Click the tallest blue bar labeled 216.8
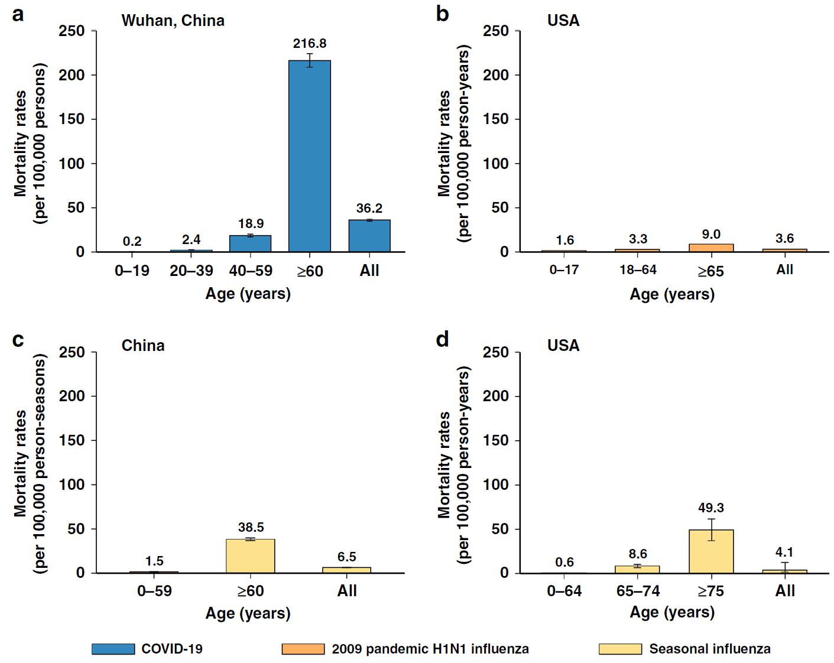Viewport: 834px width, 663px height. pyautogui.click(x=309, y=156)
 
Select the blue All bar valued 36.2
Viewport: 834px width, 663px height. pyautogui.click(x=369, y=236)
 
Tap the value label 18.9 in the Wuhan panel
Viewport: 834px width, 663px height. pyautogui.click(x=251, y=224)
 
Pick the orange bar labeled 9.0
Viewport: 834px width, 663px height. pyautogui.click(x=711, y=248)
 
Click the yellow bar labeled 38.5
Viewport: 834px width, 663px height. pyautogui.click(x=251, y=556)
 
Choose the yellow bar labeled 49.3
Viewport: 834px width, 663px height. pyautogui.click(x=711, y=551)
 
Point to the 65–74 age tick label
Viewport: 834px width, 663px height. pyautogui.click(x=638, y=591)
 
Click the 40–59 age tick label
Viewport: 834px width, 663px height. pyautogui.click(x=251, y=271)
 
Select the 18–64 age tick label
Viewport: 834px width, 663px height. pyautogui.click(x=638, y=270)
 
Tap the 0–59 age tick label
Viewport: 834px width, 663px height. pyautogui.click(x=154, y=591)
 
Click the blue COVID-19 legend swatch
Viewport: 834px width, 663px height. pyautogui.click(x=113, y=649)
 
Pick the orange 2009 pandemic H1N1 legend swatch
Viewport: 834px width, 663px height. pyautogui.click(x=303, y=649)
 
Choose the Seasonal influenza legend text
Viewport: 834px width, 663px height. pyautogui.click(x=709, y=649)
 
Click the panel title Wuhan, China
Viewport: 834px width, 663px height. pyautogui.click(x=173, y=21)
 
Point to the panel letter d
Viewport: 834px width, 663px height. pyautogui.click(x=442, y=340)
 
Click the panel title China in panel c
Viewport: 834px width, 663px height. pyautogui.click(x=143, y=345)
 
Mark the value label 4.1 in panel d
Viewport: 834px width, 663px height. pyautogui.click(x=785, y=552)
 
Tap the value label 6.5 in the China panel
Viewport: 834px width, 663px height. pyautogui.click(x=347, y=557)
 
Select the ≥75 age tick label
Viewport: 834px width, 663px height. pyautogui.click(x=711, y=591)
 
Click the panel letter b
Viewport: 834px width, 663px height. pyautogui.click(x=442, y=14)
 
